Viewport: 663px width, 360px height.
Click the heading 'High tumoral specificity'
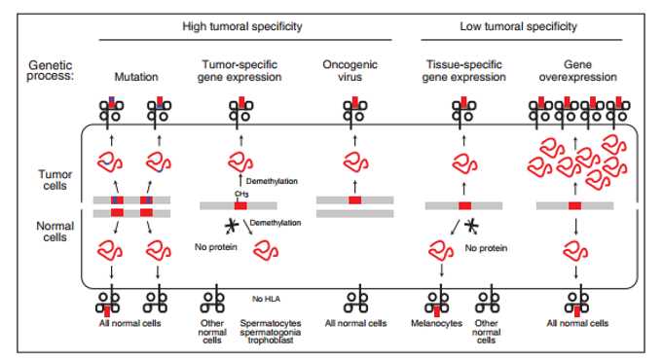point(243,26)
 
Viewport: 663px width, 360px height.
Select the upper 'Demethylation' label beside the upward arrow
point(272,181)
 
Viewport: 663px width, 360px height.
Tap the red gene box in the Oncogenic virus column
point(354,200)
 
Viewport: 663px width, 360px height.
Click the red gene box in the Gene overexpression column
point(574,205)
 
